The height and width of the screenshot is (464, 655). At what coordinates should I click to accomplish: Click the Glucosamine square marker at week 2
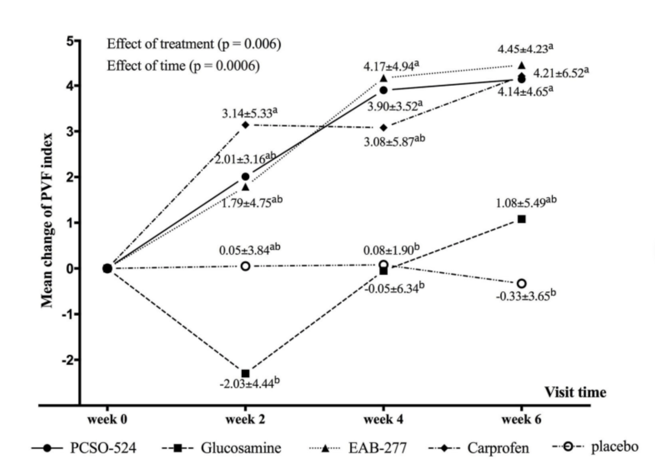245,373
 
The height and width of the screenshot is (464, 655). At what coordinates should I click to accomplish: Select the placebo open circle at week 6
521,283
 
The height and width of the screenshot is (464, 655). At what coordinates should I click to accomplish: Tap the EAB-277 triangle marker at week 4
384,79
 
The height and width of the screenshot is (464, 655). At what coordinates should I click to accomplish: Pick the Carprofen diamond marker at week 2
245,125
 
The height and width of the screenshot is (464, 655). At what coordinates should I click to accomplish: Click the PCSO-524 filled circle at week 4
384,90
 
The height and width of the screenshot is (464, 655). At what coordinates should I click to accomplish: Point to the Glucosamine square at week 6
521,219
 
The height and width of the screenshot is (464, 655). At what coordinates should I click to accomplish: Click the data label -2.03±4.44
250,383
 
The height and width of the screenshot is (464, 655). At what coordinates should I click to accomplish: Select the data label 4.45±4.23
525,49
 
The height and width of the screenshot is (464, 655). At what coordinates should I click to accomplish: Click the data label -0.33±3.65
526,296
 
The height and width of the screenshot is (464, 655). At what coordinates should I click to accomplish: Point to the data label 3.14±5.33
250,113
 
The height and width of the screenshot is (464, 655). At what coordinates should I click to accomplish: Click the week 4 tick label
383,419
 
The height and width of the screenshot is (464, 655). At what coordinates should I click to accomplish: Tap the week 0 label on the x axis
107,419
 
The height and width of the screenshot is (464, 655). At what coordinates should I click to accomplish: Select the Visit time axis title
575,392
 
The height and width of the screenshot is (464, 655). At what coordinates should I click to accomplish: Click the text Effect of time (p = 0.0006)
183,66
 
